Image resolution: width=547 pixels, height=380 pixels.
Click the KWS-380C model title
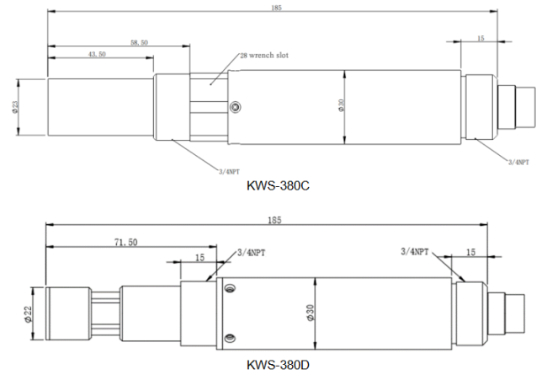(x=278, y=185)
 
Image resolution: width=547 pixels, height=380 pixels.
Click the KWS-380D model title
(x=278, y=365)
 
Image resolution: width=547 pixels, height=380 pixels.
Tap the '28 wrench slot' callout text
(x=264, y=55)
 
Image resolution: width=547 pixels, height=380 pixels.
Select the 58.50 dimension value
(x=139, y=43)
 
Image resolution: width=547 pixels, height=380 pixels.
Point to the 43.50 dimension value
(x=97, y=54)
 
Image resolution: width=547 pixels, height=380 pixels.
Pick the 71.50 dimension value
(x=126, y=242)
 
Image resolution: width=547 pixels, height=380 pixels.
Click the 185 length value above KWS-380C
(x=276, y=8)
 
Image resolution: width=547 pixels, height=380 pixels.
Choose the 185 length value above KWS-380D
(x=274, y=221)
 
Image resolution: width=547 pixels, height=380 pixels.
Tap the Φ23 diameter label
(x=15, y=107)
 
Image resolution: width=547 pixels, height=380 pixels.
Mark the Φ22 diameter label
(x=28, y=314)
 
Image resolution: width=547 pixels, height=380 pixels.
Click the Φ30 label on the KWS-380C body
(x=341, y=105)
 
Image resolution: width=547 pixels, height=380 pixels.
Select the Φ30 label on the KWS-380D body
(x=311, y=313)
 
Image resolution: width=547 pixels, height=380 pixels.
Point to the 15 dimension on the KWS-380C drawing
(x=481, y=38)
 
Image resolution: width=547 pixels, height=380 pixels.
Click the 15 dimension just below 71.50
(x=199, y=258)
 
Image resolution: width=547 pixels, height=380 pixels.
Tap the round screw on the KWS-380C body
(x=236, y=106)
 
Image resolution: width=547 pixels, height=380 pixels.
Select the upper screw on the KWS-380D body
(x=230, y=288)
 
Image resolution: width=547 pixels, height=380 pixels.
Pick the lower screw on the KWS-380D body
(x=230, y=338)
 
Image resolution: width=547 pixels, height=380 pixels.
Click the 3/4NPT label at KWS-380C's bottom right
(x=518, y=162)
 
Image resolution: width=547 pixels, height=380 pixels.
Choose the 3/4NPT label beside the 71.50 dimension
(x=251, y=253)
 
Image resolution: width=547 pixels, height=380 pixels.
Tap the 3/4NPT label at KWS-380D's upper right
(x=414, y=251)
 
